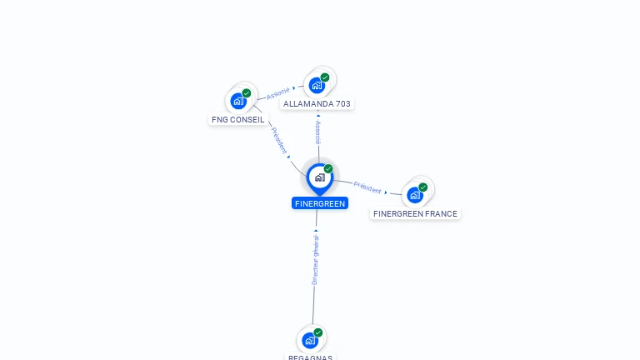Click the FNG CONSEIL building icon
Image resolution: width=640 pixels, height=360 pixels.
pos(239,101)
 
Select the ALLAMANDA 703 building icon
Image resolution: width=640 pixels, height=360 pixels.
pos(317,85)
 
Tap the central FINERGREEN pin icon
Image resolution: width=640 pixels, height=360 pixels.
pos(319,177)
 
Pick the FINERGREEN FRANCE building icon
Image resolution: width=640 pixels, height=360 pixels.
pos(415,195)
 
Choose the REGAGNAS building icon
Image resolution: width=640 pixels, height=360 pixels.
pos(310,340)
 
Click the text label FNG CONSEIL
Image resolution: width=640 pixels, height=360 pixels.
pos(238,120)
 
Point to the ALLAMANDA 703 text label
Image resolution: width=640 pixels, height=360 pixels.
pos(317,104)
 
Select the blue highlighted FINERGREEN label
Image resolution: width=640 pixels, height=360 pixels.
pos(319,203)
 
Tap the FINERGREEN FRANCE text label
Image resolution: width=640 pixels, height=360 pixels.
pos(415,214)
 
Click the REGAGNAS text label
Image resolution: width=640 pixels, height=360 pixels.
pos(310,357)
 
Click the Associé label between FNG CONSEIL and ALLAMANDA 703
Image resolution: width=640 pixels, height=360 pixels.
pos(278,93)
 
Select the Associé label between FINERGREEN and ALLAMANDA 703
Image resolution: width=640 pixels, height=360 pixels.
pos(317,132)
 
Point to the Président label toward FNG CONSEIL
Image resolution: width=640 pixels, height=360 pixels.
pos(279,140)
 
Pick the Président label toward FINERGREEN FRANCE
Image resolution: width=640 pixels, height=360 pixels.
pos(367,187)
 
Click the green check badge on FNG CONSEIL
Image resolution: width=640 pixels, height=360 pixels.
pos(247,93)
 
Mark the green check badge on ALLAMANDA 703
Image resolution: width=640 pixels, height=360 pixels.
pos(325,77)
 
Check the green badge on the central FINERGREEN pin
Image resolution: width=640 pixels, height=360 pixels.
pos(328,168)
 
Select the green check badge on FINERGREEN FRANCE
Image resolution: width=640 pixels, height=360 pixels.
pos(423,187)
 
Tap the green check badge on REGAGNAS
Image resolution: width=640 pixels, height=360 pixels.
pos(318,332)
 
